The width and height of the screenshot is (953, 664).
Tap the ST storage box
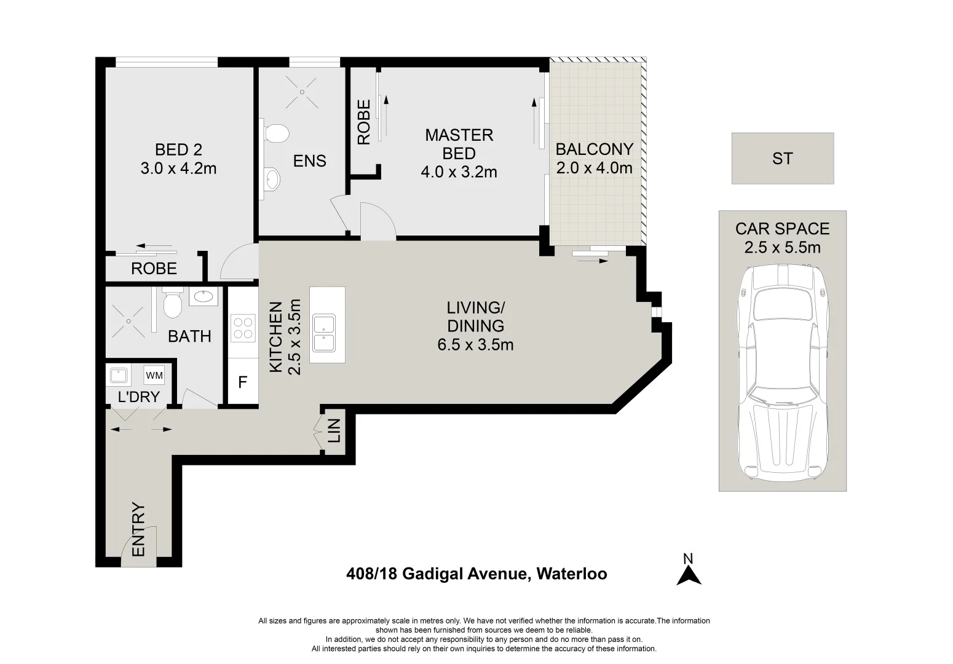[783, 158]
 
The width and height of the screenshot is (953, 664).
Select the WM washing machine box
[154, 376]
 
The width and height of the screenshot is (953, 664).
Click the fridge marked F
[243, 382]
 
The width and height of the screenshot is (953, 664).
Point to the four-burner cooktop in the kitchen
[243, 328]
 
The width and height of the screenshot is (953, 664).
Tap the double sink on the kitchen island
[324, 333]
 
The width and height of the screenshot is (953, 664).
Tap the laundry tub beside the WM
[119, 376]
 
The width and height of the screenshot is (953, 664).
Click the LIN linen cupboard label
[334, 430]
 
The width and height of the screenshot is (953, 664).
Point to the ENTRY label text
[138, 529]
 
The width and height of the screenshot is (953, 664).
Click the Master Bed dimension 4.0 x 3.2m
[459, 172]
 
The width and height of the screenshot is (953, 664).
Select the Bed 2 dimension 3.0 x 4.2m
[179, 168]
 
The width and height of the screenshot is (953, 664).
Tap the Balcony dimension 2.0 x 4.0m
[595, 168]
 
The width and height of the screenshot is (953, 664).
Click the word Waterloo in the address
[572, 574]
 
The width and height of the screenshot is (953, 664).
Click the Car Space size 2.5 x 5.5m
[783, 247]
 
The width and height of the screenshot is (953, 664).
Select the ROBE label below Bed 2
[154, 269]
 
